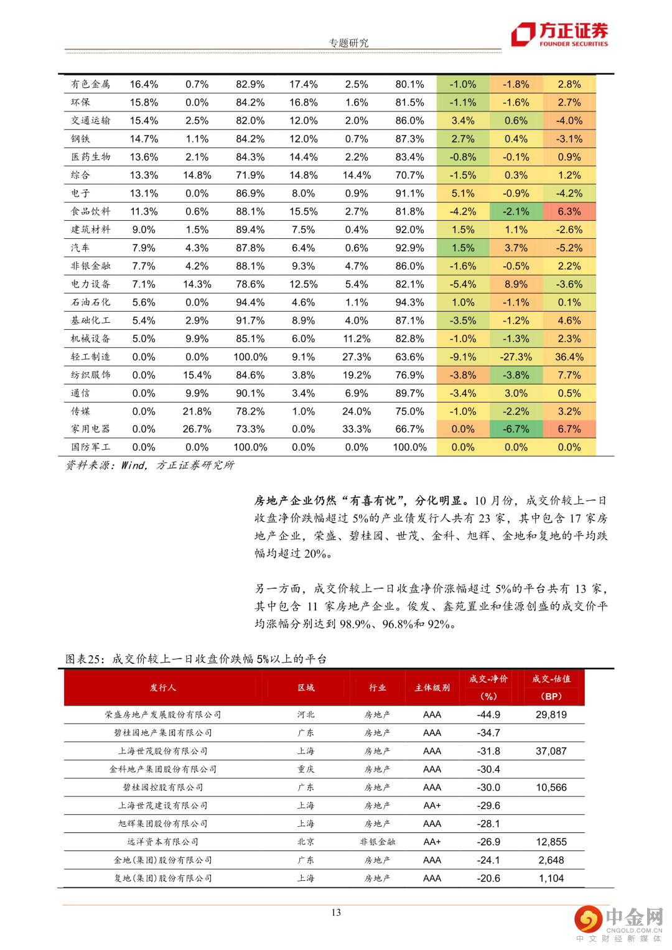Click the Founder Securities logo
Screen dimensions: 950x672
pyautogui.click(x=559, y=34)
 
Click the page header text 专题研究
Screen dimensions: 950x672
pyautogui.click(x=348, y=43)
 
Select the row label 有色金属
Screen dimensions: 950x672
pyautogui.click(x=90, y=84)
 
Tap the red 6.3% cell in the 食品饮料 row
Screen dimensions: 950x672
pyautogui.click(x=569, y=212)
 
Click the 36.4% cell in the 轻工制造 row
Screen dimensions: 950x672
pyautogui.click(x=569, y=357)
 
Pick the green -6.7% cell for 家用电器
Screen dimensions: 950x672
pyautogui.click(x=516, y=429)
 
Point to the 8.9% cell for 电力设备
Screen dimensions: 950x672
pyautogui.click(x=516, y=284)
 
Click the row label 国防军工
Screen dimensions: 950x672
pyautogui.click(x=90, y=447)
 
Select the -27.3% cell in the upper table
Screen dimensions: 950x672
pyautogui.click(x=516, y=357)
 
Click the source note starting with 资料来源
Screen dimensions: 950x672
pyautogui.click(x=150, y=465)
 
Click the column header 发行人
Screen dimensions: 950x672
pyautogui.click(x=163, y=687)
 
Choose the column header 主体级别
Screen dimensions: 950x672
pyautogui.click(x=432, y=687)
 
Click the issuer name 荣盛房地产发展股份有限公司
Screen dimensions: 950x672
pyautogui.click(x=163, y=715)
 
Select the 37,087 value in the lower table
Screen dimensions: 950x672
pyautogui.click(x=551, y=751)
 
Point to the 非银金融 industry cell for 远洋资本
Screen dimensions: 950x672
pyautogui.click(x=377, y=842)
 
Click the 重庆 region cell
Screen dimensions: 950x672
pyautogui.click(x=306, y=769)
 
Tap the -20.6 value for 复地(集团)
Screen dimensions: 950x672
pyautogui.click(x=488, y=878)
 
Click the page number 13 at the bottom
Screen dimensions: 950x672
pyautogui.click(x=336, y=913)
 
